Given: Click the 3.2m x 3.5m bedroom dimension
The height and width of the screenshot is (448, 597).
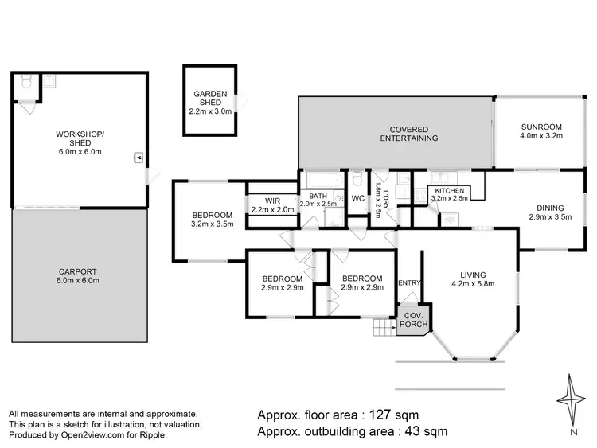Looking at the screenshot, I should coord(213,225).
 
